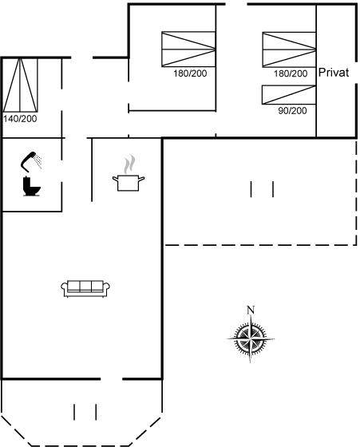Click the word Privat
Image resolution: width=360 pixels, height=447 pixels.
tap(334, 72)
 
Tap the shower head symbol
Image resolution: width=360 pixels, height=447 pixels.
tap(29, 161)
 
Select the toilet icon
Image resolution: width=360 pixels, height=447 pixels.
tap(31, 186)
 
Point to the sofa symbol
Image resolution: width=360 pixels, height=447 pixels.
tap(85, 288)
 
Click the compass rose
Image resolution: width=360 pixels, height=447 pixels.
tap(251, 339)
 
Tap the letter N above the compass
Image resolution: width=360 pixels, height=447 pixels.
tap(251, 310)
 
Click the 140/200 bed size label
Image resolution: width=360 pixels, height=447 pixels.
tap(20, 119)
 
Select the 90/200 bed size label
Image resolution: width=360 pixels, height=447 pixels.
tap(292, 111)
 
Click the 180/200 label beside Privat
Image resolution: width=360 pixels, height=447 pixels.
tap(291, 73)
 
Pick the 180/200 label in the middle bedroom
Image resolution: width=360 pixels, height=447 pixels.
tap(190, 73)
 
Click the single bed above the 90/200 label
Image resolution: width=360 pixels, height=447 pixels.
tap(289, 95)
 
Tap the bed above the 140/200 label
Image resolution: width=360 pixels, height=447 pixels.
tap(20, 85)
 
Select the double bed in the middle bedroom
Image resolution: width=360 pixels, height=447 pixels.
tap(188, 49)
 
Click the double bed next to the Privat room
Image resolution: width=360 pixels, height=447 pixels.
tap(289, 49)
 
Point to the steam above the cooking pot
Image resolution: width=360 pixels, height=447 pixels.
tap(129, 164)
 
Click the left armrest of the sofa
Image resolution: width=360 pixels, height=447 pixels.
tap(64, 287)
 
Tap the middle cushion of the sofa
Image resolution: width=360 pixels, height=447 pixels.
tap(85, 286)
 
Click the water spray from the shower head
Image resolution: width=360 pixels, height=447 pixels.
tap(38, 160)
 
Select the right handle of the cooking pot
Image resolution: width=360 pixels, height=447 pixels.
tap(141, 179)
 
